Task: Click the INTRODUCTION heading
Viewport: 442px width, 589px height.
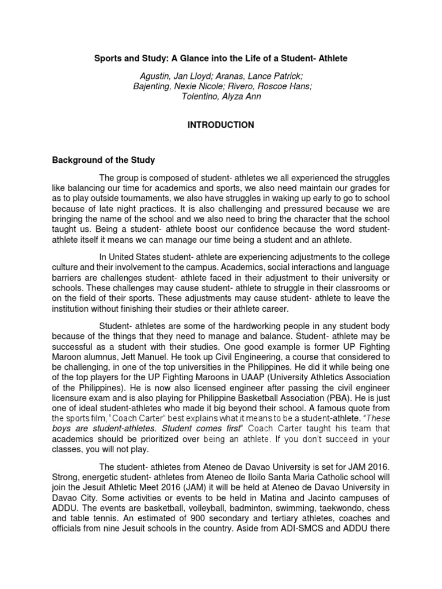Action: click(x=220, y=125)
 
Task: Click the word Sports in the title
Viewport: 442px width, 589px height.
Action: click(x=109, y=59)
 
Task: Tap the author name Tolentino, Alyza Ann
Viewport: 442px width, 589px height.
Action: click(x=221, y=97)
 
